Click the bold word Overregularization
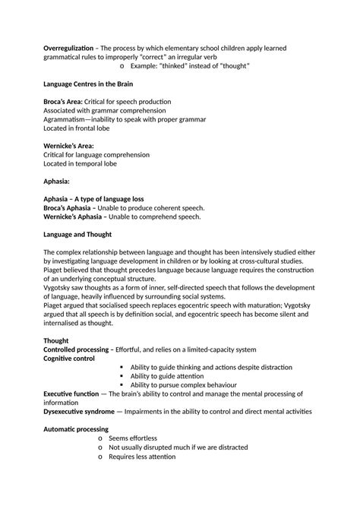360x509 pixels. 72,49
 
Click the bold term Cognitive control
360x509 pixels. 69,358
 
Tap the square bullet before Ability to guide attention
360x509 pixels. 122,376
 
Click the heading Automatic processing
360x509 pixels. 77,429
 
